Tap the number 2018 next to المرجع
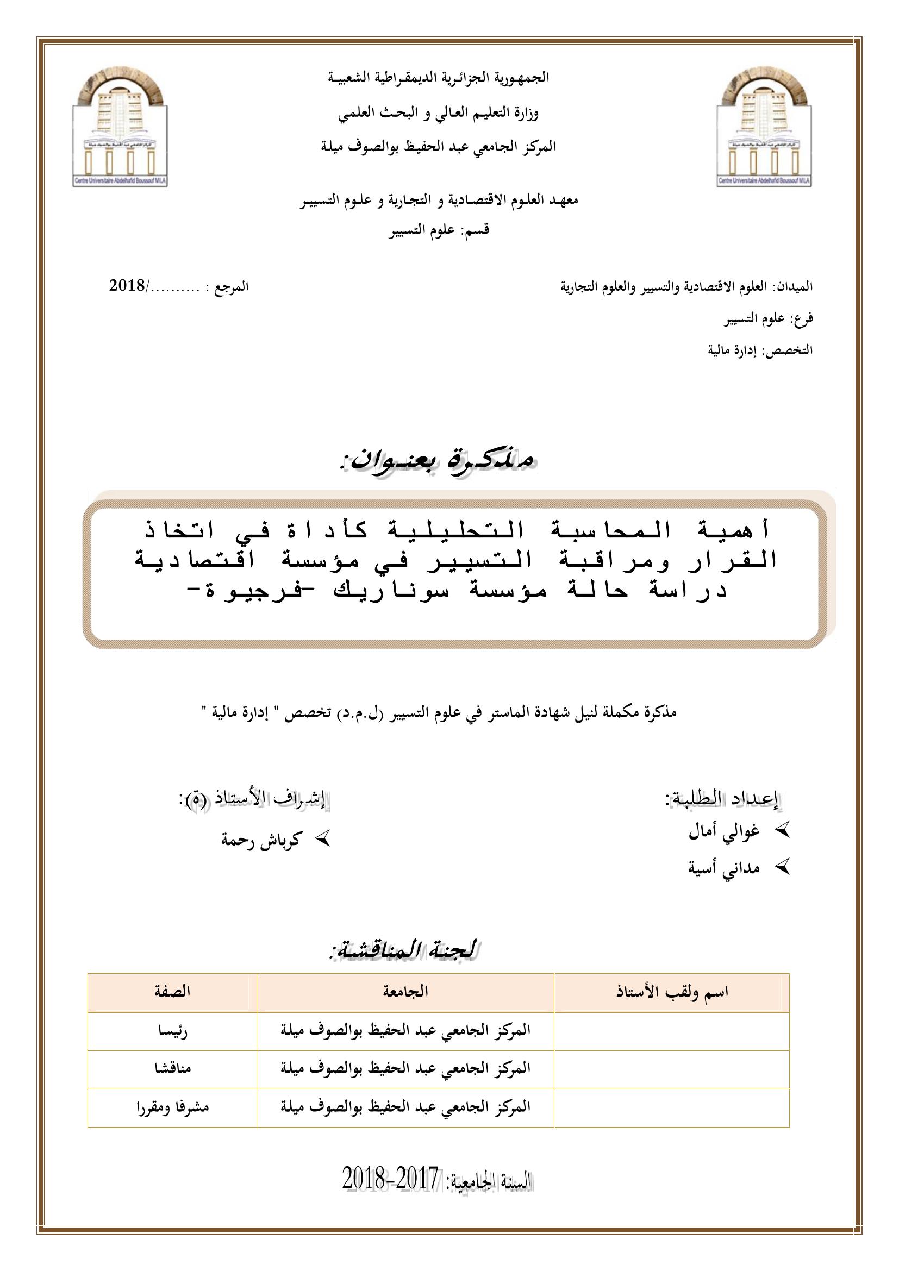coord(127,286)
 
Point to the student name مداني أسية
coord(723,868)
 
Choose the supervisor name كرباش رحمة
coord(261,840)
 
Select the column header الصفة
coord(172,992)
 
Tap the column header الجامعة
coord(405,992)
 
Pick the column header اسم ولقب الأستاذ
coord(672,992)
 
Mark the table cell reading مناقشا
coord(172,1068)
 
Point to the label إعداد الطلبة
coord(722,799)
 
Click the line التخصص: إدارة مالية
coord(760,350)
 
